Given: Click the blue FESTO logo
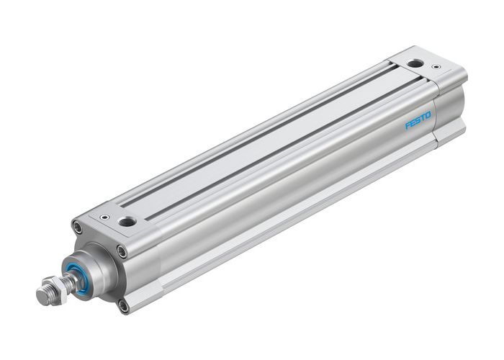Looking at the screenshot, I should [x=418, y=120].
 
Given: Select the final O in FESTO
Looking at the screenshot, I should [x=428, y=114].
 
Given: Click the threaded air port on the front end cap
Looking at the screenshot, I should [x=129, y=220].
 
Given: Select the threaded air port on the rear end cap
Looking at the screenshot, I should [x=415, y=64].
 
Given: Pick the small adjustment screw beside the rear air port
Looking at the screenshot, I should [x=436, y=68].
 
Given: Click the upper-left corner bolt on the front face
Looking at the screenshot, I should [x=77, y=228].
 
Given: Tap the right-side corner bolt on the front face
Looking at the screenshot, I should [x=122, y=251].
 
